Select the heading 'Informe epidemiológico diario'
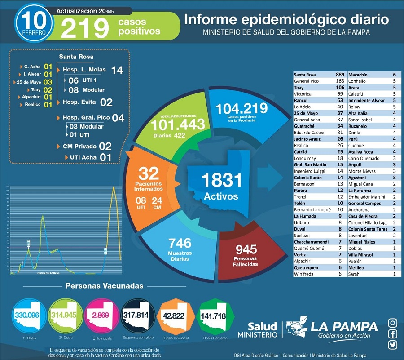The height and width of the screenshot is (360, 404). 286,19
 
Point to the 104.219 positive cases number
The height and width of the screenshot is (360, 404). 242,108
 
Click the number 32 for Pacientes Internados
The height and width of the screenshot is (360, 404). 149,174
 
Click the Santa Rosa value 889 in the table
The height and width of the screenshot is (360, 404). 339,74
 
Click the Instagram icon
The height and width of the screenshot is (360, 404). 393,323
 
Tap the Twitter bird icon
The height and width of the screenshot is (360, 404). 393,345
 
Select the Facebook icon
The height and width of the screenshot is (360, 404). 393,334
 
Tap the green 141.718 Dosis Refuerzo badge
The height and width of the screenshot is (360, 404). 214,316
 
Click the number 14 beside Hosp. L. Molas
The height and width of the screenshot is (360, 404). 117,70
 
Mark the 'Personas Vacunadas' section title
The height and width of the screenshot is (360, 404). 105,286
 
